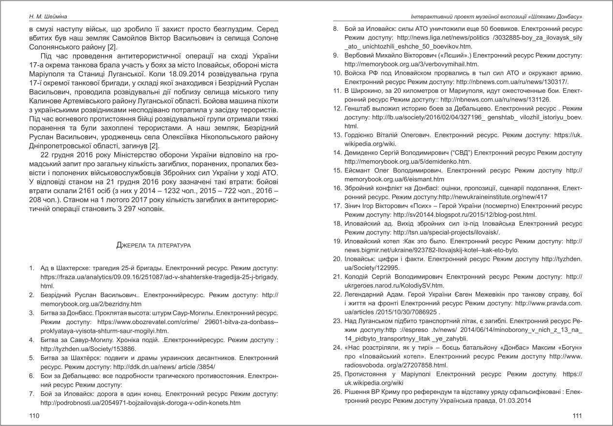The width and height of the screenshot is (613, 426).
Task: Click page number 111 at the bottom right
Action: coord(577,415)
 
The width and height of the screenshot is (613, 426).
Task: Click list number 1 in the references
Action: coord(31,268)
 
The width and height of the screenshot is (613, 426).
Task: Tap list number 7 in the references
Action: coord(31,393)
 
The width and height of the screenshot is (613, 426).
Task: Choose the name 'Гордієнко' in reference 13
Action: coord(362,134)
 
